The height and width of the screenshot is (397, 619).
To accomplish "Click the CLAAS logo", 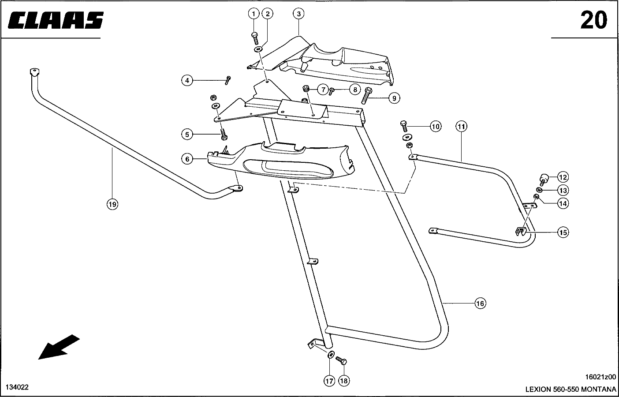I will [x=56, y=20].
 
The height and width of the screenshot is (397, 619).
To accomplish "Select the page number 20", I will [x=593, y=20].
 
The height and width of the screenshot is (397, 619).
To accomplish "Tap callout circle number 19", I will [x=112, y=204].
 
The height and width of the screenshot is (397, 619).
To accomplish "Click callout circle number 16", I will [x=480, y=303].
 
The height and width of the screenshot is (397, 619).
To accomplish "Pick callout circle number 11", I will [x=461, y=127].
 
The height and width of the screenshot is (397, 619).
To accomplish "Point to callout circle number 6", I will [x=187, y=159].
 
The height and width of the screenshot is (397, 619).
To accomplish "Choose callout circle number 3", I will [x=298, y=14].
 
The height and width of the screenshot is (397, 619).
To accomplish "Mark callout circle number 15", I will [x=563, y=232].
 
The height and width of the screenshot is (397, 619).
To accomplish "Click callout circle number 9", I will [x=394, y=97].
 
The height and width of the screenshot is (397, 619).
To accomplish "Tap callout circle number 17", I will [x=329, y=380].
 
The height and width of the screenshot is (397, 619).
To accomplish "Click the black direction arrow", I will [x=59, y=347].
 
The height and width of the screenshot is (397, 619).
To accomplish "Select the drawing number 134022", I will [x=17, y=387].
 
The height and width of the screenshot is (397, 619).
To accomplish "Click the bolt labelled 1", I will [x=255, y=37].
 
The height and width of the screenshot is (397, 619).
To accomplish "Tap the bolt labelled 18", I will [x=342, y=361].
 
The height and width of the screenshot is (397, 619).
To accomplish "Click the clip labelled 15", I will [x=521, y=231].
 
